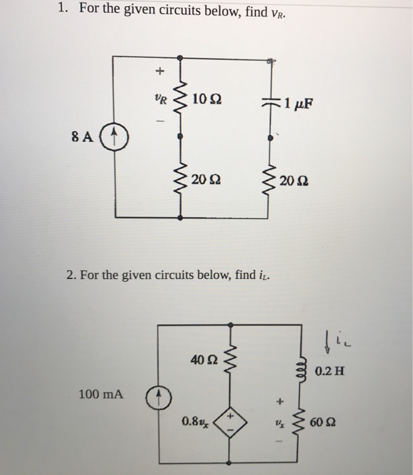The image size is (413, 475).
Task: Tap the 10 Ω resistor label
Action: pos(205,100)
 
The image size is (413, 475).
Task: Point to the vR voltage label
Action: pos(159,98)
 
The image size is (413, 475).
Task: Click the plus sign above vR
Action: pos(160,70)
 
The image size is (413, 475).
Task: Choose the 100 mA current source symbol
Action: pos(156,395)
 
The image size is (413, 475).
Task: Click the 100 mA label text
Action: pos(100,394)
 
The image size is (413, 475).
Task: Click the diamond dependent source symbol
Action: pos(230,422)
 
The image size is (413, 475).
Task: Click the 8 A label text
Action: pos(84,136)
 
